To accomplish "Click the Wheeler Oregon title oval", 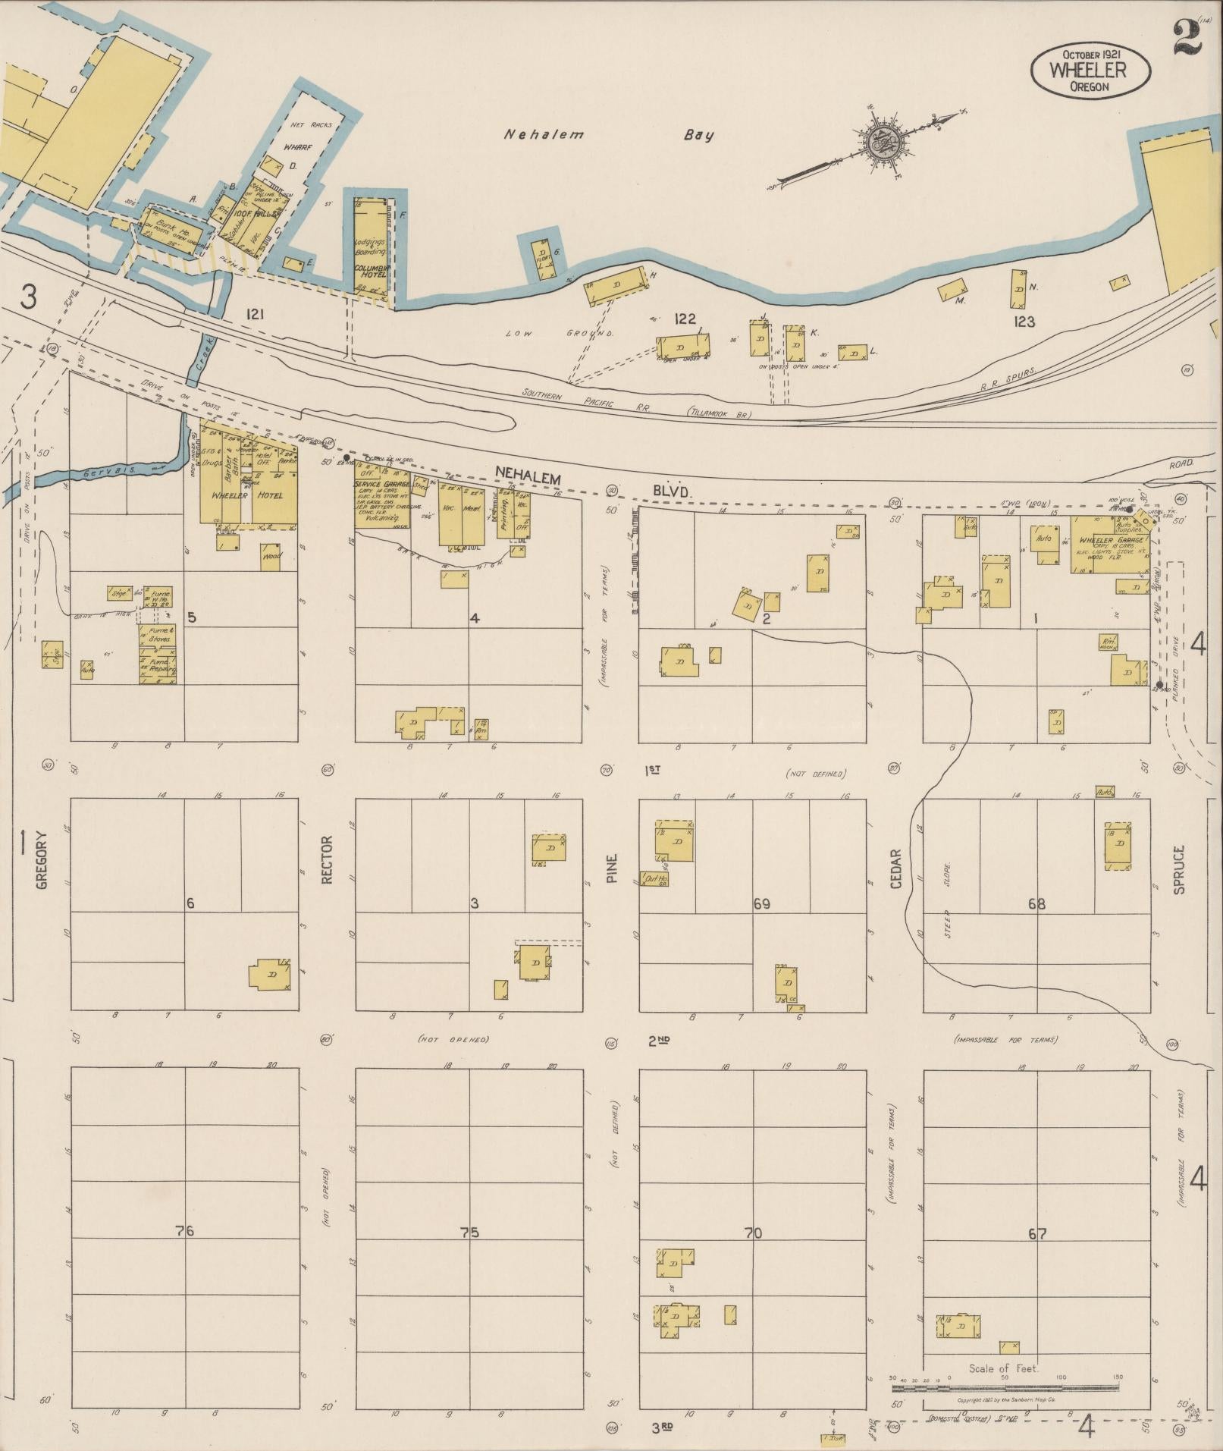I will pos(1090,70).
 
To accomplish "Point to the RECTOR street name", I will pos(327,859).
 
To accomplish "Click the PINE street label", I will pos(612,868).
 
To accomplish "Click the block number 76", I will pos(184,1230).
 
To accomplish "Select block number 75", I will pos(469,1233).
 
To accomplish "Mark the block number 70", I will pos(753,1233).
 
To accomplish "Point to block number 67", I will pos(1037,1233).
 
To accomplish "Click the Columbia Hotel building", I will pos(371,247).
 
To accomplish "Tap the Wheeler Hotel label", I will pos(246,495).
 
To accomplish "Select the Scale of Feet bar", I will pos(1005,1388).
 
